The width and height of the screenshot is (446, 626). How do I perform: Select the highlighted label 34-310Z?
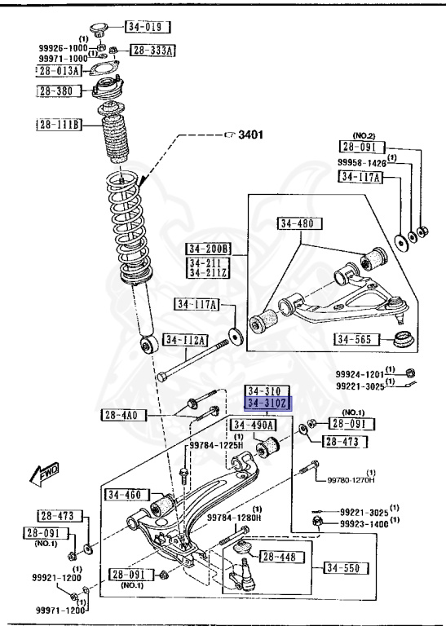(x=268, y=403)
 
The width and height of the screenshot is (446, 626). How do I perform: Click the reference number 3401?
(x=251, y=135)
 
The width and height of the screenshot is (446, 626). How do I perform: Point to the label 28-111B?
(x=58, y=125)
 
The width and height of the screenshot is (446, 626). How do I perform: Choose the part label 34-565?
(x=354, y=340)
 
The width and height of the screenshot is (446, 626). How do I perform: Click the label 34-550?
(x=344, y=568)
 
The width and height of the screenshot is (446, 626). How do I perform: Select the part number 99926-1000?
(x=63, y=48)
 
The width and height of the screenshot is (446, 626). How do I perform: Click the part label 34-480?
(x=300, y=223)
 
